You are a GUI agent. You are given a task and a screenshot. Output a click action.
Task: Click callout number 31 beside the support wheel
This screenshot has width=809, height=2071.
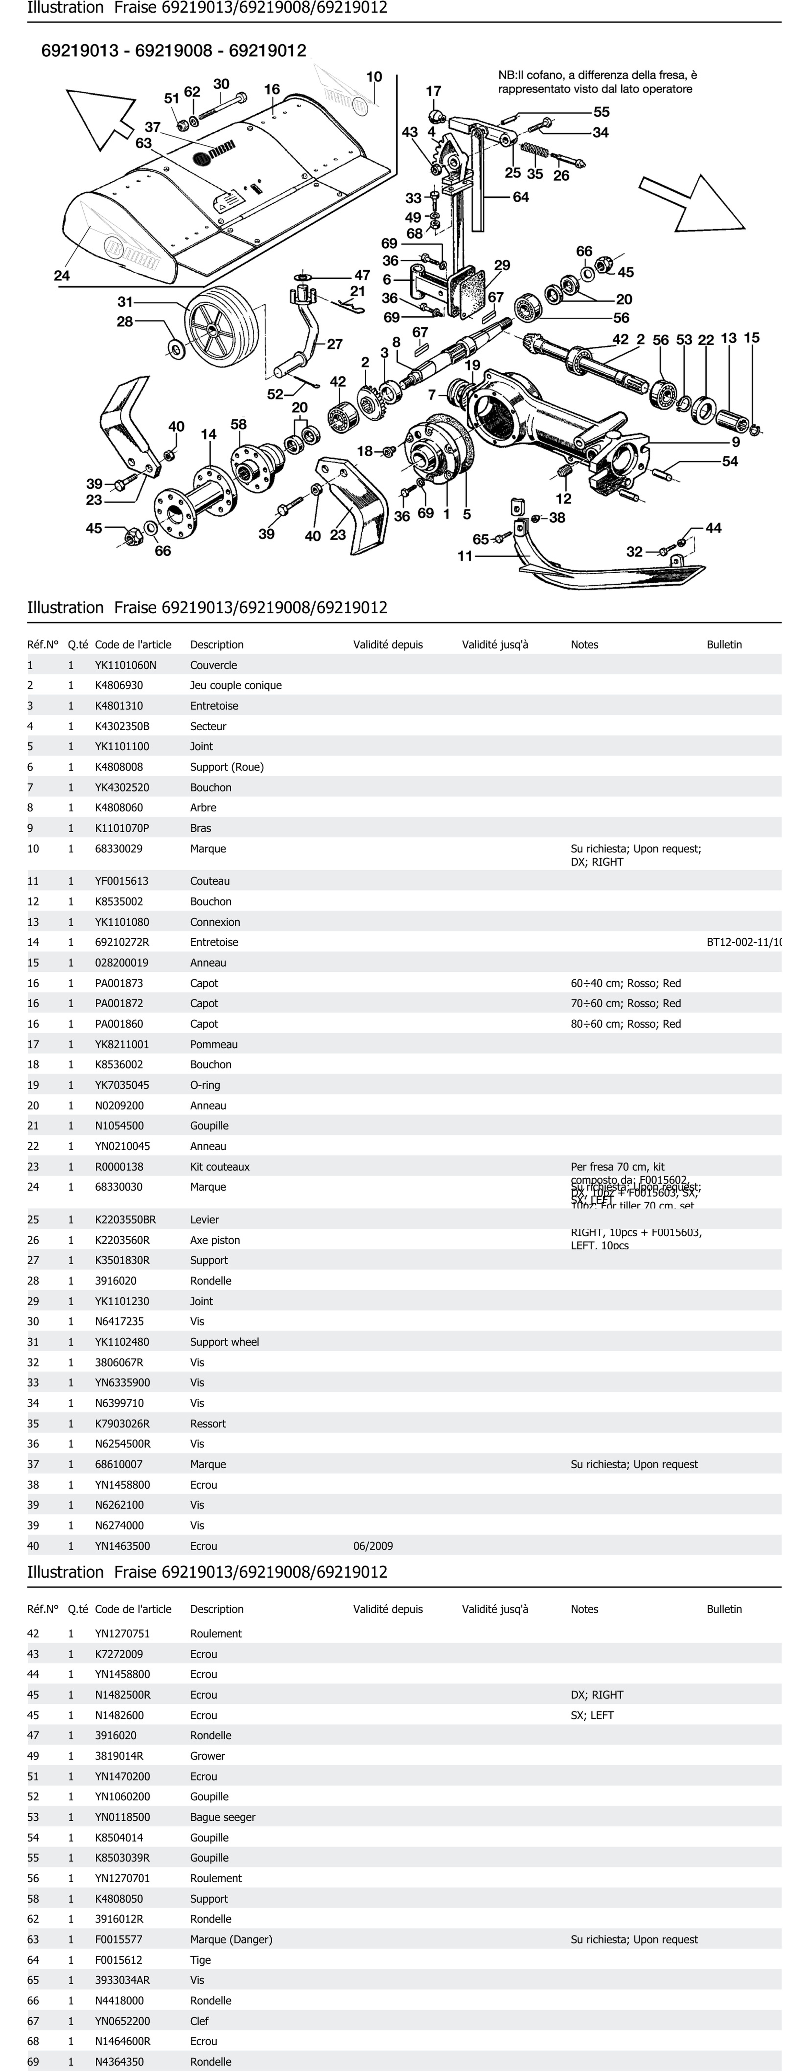[x=125, y=302]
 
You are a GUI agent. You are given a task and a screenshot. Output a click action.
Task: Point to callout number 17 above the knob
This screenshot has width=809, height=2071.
[x=433, y=92]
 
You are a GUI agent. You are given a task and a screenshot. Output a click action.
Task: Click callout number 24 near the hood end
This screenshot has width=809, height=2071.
[x=62, y=276]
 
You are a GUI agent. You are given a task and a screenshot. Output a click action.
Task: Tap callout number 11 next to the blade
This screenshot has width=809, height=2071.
[x=465, y=555]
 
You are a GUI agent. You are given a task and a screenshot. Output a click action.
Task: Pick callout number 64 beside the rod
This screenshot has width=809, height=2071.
[x=521, y=197]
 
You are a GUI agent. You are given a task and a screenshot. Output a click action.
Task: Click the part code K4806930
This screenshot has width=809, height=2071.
[x=119, y=685]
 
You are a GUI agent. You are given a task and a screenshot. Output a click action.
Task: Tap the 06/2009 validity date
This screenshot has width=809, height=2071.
[x=373, y=1545]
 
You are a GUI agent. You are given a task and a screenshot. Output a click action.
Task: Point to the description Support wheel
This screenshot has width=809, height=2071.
[x=224, y=1342]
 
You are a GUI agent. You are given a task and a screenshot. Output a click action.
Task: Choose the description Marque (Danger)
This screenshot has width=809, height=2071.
[x=231, y=1939]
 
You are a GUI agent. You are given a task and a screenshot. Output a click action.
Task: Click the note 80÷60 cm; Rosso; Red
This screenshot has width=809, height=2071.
[x=626, y=1024]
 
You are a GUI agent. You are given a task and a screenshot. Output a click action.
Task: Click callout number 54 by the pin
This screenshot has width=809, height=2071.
[x=729, y=461]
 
